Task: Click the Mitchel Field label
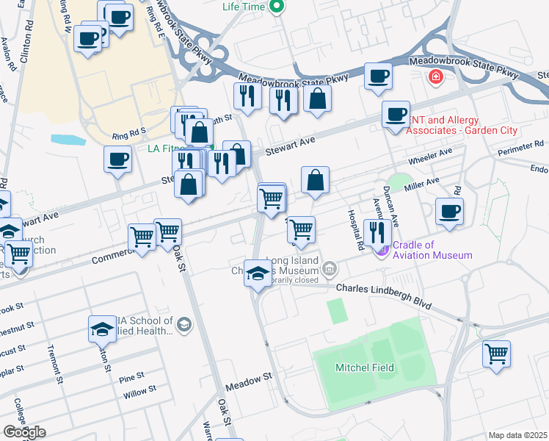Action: [x=365, y=367]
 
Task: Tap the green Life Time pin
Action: [x=276, y=7]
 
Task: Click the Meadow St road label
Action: [x=249, y=376]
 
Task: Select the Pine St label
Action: [x=132, y=378]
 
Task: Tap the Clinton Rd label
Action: [x=26, y=40]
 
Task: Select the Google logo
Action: [x=23, y=432]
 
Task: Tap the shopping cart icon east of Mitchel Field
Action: [x=496, y=354]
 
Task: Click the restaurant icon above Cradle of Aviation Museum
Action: [x=377, y=232]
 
